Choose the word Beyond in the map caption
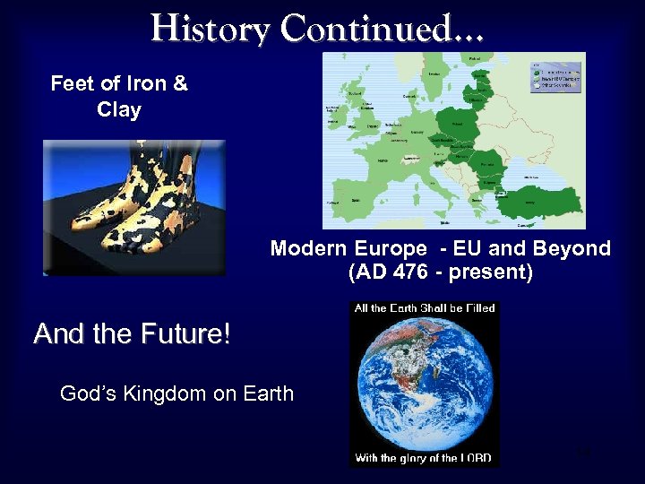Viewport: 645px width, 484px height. pos(572,248)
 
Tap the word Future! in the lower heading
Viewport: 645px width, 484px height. pos(185,335)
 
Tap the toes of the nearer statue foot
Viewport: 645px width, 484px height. pos(125,238)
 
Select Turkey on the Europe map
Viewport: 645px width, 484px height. pos(537,203)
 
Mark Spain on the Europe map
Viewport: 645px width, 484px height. pos(358,202)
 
